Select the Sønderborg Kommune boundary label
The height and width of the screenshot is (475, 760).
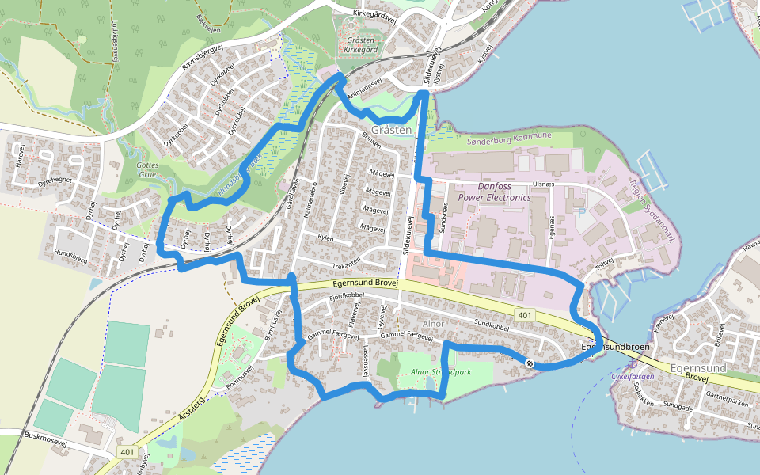pyautogui.click(x=510, y=137)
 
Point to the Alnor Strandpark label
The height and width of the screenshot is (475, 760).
pyautogui.click(x=442, y=372)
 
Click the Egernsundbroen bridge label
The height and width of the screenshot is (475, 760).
pyautogui.click(x=615, y=348)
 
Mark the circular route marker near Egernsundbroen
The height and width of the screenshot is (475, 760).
pyautogui.click(x=529, y=363)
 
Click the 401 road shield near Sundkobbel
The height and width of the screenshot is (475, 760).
pyautogui.click(x=524, y=315)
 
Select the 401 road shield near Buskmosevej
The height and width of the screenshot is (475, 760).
pyautogui.click(x=128, y=451)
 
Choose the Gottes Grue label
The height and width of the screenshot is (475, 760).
pyautogui.click(x=148, y=169)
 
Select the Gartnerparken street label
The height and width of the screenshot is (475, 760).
pyautogui.click(x=726, y=402)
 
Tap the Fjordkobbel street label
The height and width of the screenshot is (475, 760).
pyautogui.click(x=347, y=296)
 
